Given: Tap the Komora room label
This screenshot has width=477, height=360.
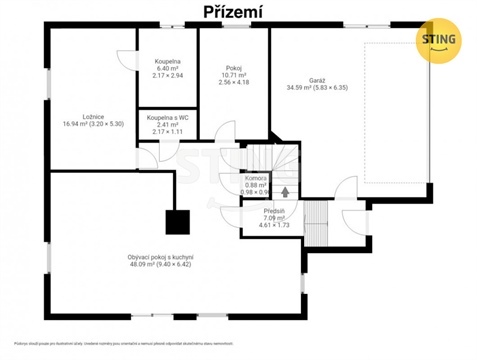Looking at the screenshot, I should pyautogui.click(x=255, y=178).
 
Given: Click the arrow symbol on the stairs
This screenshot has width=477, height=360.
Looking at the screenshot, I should pyautogui.click(x=285, y=190).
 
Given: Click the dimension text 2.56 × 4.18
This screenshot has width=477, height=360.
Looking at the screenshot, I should pyautogui.click(x=232, y=82).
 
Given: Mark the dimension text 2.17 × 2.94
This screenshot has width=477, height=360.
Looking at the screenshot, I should pyautogui.click(x=167, y=76).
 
